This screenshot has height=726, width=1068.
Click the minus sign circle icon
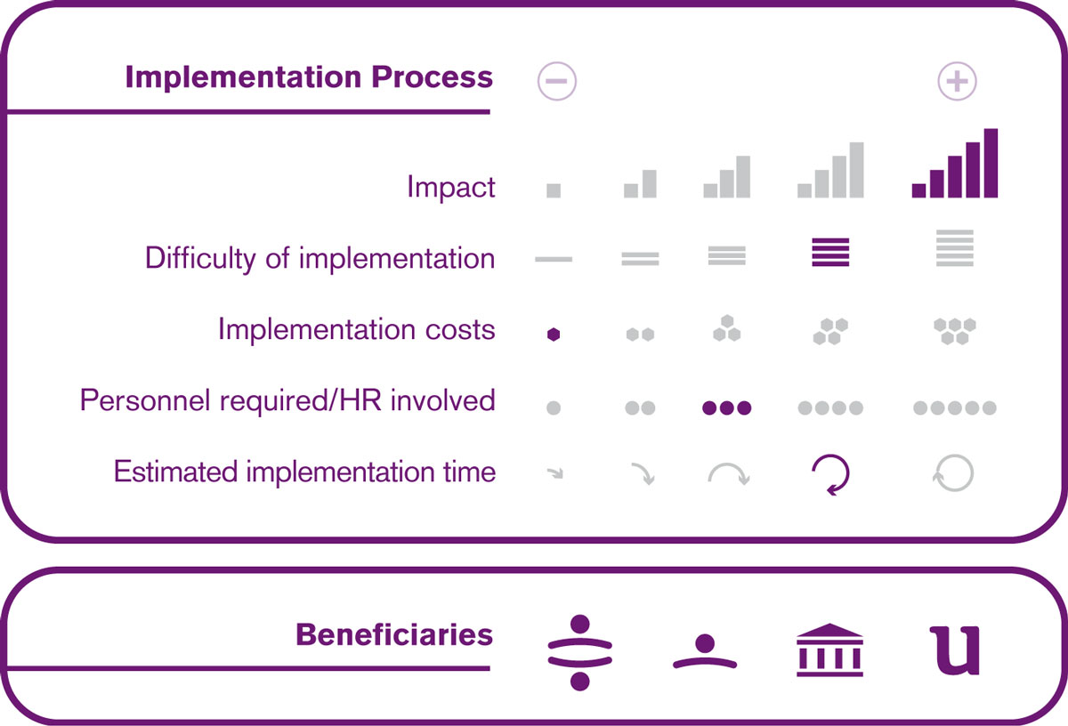tap(556, 81)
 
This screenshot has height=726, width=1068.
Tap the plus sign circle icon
tap(957, 81)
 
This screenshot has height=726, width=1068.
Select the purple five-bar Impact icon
tap(954, 163)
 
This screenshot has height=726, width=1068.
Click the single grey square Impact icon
tap(554, 190)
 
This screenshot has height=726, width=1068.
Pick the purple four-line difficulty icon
tap(830, 252)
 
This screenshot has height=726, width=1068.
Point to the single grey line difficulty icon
tap(554, 259)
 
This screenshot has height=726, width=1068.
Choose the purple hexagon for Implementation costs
tap(554, 335)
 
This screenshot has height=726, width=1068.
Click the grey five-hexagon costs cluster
tap(954, 331)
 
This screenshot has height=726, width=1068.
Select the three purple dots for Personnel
tap(726, 407)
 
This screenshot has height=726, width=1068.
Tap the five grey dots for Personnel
tap(954, 407)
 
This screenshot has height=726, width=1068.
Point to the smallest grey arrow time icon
tap(555, 473)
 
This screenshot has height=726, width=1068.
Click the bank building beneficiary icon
tap(829, 649)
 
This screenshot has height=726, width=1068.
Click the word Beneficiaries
tap(393, 634)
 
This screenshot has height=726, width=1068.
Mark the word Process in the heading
tap(432, 77)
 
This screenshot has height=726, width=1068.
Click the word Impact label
tap(451, 188)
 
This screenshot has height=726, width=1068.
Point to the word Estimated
tap(175, 472)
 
